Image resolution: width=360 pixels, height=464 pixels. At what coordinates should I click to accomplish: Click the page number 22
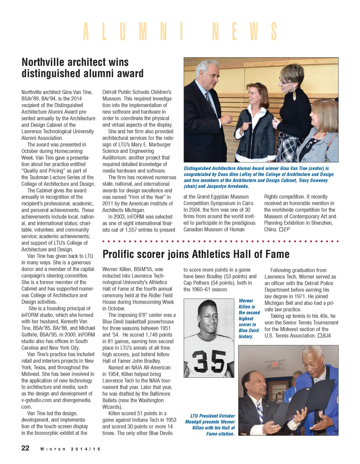tap(25, 448)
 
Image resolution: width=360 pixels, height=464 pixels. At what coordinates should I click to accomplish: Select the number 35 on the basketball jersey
tap(209, 361)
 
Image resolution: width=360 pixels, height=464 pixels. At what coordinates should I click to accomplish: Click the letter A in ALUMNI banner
tap(86, 32)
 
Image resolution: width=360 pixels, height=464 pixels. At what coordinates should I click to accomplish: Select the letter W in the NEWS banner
tap(254, 32)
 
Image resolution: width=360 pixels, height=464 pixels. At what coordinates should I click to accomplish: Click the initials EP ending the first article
tap(287, 229)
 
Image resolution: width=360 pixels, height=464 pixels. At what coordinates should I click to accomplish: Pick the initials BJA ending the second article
tap(326, 335)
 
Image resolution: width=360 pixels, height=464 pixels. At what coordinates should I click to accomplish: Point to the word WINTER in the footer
tap(53, 449)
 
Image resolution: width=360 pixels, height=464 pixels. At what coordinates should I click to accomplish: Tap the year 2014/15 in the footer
tap(85, 449)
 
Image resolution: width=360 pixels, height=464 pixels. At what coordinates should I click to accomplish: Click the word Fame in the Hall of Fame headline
tap(277, 254)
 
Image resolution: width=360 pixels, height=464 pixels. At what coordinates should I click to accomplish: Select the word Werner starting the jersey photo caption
tap(246, 301)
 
